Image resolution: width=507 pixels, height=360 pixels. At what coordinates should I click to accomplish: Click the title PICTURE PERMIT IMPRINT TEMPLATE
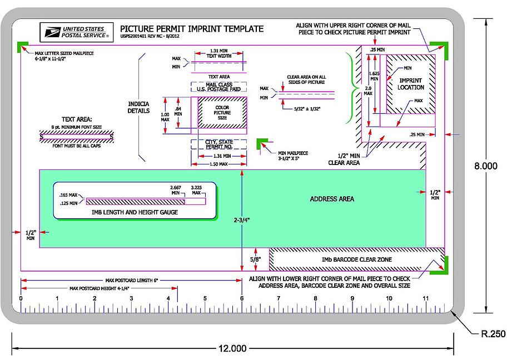click(x=192, y=28)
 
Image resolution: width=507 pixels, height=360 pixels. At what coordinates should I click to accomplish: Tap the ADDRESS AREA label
click(x=332, y=199)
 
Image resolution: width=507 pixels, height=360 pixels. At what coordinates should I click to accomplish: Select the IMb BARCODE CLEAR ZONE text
click(x=356, y=259)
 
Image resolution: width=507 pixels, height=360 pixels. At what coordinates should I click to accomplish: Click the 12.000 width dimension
click(x=232, y=349)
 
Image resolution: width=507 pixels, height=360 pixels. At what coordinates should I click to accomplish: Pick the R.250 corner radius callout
click(x=493, y=334)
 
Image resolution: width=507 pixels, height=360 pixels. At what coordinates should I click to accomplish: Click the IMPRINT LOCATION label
click(x=411, y=84)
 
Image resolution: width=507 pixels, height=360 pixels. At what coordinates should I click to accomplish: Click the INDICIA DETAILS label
click(x=139, y=107)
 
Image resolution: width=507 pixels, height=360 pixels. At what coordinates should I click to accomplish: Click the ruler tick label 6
click(x=242, y=298)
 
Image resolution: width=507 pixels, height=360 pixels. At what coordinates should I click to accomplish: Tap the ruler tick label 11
click(x=425, y=298)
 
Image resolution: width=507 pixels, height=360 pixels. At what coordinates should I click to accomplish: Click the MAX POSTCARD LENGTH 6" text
click(x=132, y=281)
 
